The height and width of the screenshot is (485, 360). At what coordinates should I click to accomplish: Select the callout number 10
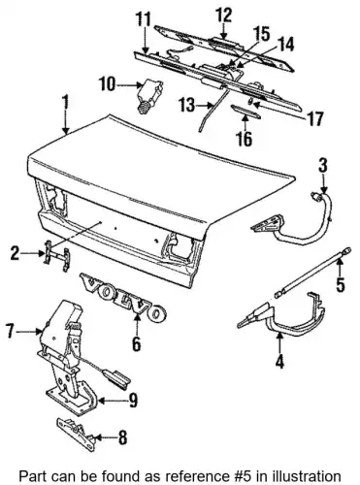coord(108,85)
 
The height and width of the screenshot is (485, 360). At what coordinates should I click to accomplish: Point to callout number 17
coord(314,118)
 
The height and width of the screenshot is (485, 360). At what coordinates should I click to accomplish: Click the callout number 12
coord(224,16)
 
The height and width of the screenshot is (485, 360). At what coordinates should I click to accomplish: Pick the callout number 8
coord(122,437)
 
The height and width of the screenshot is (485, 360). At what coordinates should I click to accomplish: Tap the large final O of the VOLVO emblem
coord(157,313)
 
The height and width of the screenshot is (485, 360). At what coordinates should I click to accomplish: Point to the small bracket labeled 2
coord(57,256)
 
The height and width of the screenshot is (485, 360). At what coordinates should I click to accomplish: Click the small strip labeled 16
coord(245,112)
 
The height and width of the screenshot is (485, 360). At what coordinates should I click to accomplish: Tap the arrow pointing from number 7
coord(29,332)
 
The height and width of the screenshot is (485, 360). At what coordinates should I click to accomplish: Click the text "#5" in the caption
coord(246,476)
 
